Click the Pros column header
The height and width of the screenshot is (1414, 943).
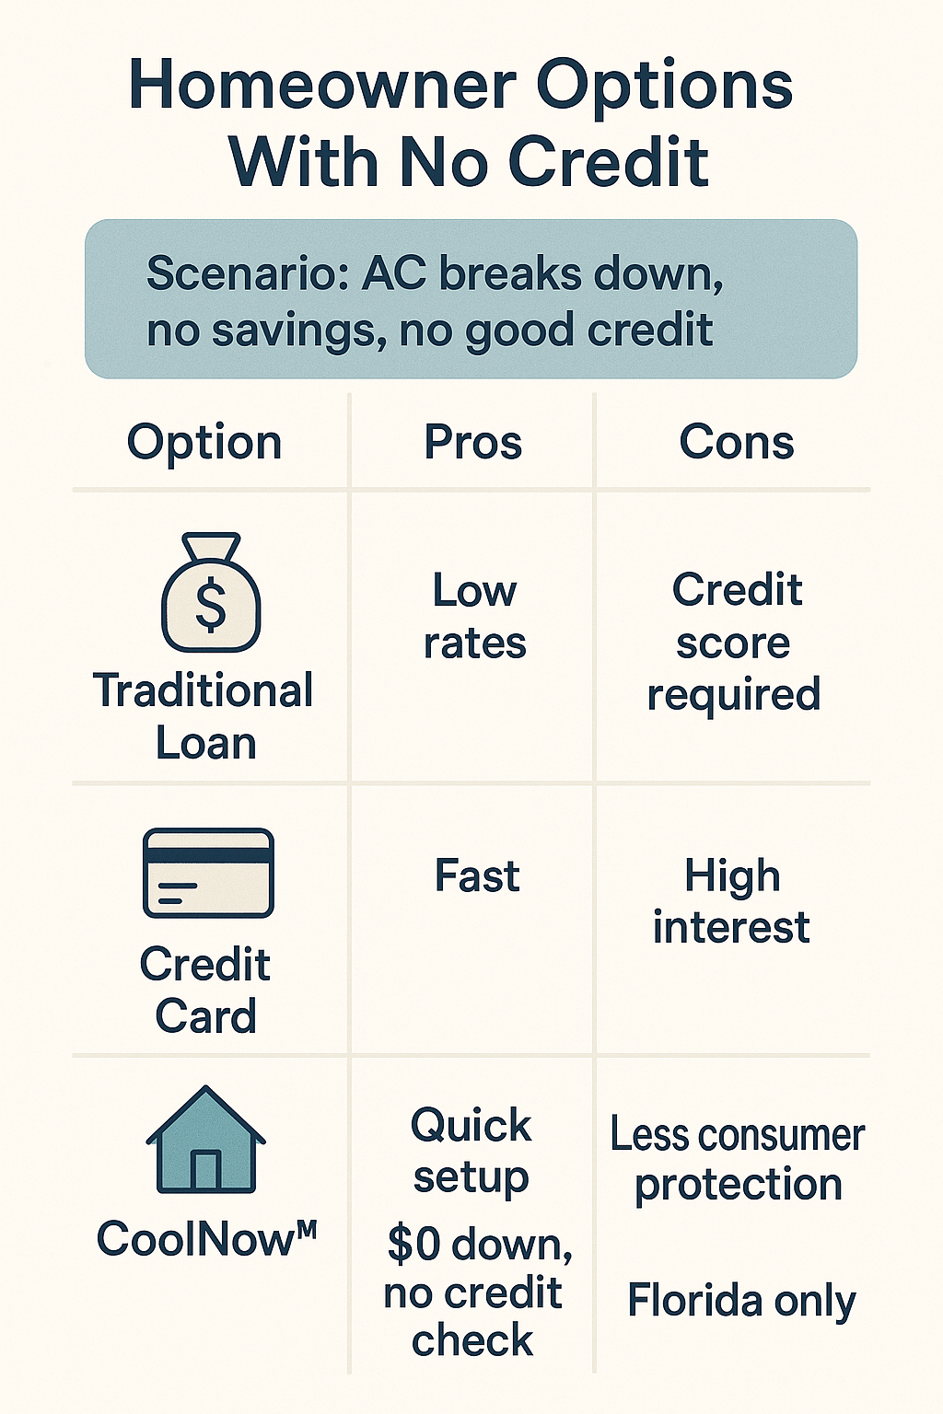473,443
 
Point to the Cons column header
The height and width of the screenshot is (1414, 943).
737,442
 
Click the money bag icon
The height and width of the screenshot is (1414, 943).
211,592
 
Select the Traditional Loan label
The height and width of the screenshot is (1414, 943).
204,716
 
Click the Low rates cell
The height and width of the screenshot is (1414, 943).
474,618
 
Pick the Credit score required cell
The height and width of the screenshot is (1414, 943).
734,643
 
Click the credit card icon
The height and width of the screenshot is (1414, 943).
208,873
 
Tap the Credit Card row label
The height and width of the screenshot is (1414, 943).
205,990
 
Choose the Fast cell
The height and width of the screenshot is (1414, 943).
478,876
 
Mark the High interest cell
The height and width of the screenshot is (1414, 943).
731,901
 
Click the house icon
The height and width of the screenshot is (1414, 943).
206,1140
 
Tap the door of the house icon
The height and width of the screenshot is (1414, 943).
205,1171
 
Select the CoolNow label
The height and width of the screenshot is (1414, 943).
206,1239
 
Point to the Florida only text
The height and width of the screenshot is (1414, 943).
741,1302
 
